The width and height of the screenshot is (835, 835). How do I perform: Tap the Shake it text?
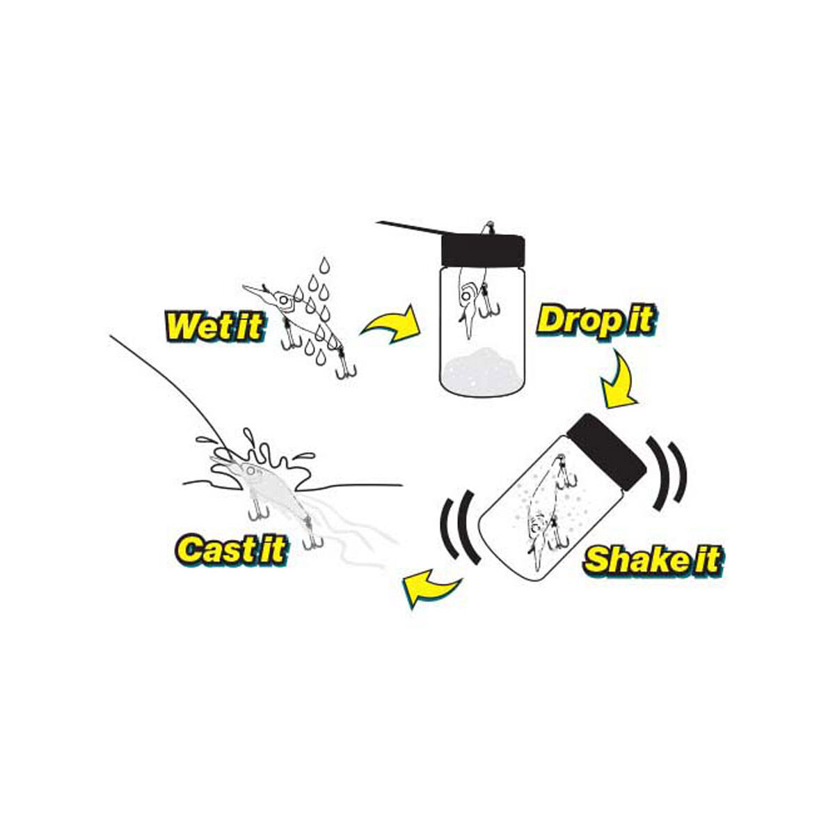coord(651,559)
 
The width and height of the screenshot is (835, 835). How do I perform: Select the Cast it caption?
coord(231,548)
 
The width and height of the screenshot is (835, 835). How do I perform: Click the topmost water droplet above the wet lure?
coord(324,265)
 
